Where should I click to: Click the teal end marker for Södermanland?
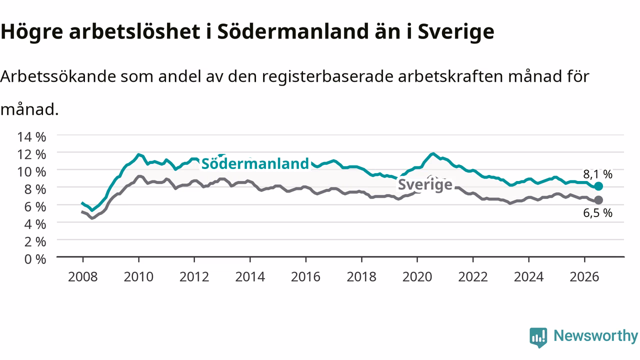tap(598, 186)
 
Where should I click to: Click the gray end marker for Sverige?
tap(598, 200)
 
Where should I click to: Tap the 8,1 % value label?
tap(597, 174)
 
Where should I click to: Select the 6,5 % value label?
tap(597, 213)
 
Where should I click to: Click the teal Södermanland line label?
tap(255, 163)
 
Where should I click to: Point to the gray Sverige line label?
tap(425, 184)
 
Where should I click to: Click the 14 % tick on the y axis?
tap(31, 137)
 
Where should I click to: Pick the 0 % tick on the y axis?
tap(35, 259)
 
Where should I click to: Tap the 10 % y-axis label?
tap(31, 172)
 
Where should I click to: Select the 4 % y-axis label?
tap(35, 224)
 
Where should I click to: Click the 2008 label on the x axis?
tap(83, 277)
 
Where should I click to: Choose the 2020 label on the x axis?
tap(417, 277)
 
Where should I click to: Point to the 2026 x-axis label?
tap(584, 277)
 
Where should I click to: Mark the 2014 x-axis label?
tap(250, 277)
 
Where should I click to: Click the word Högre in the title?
tap(31, 31)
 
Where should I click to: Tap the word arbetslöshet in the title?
tap(134, 31)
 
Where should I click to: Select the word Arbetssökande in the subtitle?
tap(58, 76)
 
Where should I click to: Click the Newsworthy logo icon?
tap(538, 337)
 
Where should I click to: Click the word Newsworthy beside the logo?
tap(595, 335)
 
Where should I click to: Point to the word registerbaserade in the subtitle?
tap(327, 76)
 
